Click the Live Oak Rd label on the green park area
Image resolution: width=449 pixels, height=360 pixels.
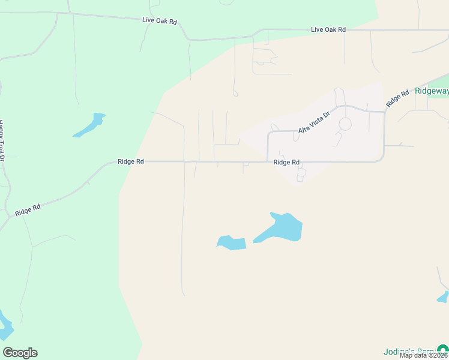[160, 20]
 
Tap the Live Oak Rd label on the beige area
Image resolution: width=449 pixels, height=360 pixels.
[328, 29]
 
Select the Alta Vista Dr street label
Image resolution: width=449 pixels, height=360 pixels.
[314, 122]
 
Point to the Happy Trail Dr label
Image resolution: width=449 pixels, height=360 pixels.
[2, 140]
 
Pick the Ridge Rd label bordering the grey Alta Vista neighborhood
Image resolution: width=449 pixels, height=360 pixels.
[286, 162]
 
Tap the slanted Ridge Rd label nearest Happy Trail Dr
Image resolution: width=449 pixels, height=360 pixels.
[28, 211]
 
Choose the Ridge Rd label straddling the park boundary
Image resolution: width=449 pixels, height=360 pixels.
[131, 161]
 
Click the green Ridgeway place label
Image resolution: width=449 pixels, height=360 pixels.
[432, 91]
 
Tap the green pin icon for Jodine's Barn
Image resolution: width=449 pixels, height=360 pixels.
[442, 349]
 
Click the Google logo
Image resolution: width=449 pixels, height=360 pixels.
[20, 353]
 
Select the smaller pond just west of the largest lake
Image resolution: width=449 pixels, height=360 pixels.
[232, 243]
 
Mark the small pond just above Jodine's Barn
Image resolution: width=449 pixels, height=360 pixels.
[443, 297]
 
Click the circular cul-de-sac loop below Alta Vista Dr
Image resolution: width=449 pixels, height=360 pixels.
[345, 124]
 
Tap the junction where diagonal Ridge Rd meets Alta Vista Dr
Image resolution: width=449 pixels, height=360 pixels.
[384, 110]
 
